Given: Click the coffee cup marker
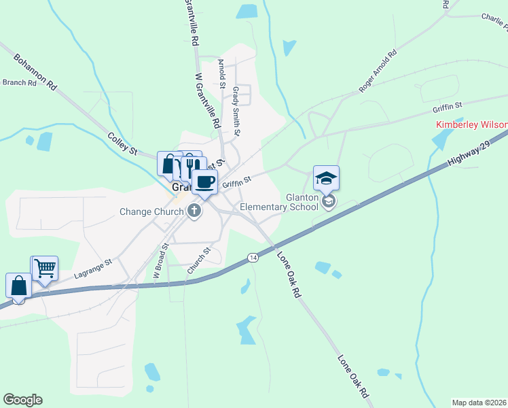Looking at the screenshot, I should pyautogui.click(x=204, y=182).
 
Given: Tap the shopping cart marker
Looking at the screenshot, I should pyautogui.click(x=45, y=268).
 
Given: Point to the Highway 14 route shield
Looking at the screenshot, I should pyautogui.click(x=253, y=258).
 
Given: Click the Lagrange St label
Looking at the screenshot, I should pyautogui.click(x=93, y=267).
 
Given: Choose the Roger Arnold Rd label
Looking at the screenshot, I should pyautogui.click(x=378, y=71).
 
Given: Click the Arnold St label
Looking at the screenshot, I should pyautogui.click(x=221, y=73).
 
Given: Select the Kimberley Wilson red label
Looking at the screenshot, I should pyautogui.click(x=471, y=126).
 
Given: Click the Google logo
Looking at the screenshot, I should pyautogui.click(x=22, y=400).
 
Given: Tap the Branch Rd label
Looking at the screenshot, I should pyautogui.click(x=19, y=83).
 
